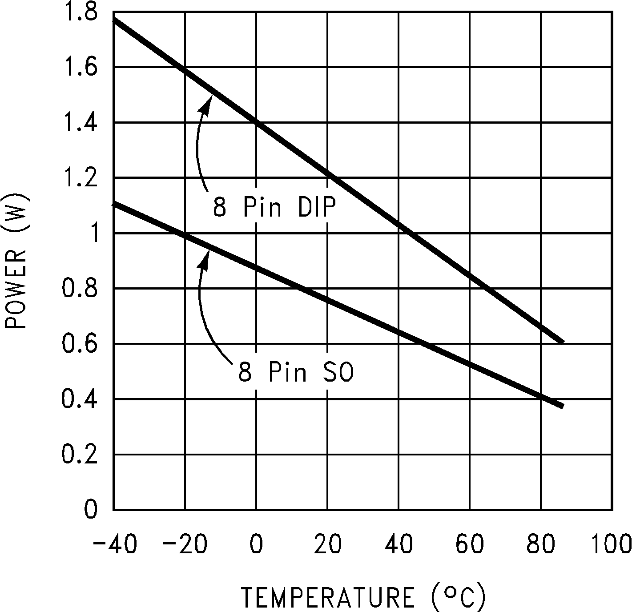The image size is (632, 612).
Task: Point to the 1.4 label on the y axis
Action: [80, 123]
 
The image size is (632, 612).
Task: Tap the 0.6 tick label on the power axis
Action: [80, 344]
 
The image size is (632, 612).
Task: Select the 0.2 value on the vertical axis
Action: [80, 455]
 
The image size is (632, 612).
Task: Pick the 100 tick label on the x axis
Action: [611, 545]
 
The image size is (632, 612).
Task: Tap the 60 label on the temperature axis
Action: [470, 545]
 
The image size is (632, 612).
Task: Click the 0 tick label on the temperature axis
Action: [256, 545]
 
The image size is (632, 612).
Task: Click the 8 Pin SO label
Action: [296, 372]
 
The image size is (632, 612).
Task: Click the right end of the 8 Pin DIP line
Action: [562, 342]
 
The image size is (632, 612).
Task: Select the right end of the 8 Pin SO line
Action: [562, 406]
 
